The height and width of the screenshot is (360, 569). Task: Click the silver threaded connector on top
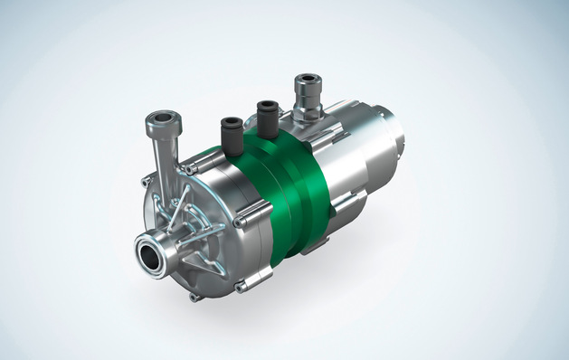[x=305, y=95]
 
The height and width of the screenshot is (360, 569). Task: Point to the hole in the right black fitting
[x=265, y=104]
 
